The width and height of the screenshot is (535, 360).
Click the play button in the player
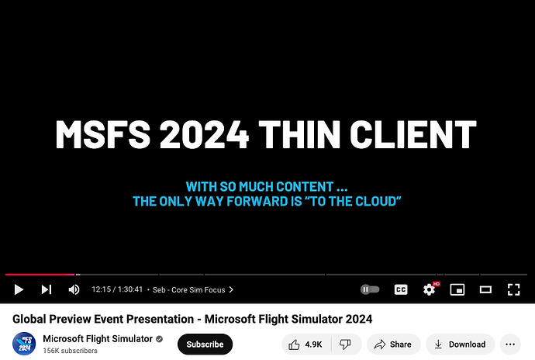pos(19,289)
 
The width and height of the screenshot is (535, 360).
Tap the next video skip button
pos(47,289)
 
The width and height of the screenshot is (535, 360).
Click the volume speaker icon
pos(74,289)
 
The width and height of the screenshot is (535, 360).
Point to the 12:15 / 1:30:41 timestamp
pos(116,289)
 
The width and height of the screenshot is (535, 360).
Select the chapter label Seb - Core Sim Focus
pos(193,289)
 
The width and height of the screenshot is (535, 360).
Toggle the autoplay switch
pos(370,289)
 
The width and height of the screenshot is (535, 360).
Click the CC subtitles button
pos(401,289)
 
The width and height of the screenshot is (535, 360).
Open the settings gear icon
pos(429,289)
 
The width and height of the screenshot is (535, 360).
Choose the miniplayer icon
pos(457,289)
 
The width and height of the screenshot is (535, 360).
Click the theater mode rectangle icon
pos(485,289)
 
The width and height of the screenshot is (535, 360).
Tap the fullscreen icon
pos(513,289)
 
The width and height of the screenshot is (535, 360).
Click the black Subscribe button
pos(205,344)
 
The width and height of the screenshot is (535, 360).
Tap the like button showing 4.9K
pos(306,344)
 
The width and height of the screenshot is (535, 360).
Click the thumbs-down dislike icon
pos(347,344)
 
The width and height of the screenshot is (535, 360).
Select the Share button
pos(393,344)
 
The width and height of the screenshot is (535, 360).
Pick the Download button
pos(460,344)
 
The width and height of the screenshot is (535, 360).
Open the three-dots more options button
pos(509,344)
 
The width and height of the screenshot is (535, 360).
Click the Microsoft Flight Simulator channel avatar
pos(23,344)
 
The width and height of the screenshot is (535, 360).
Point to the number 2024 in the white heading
pos(205,135)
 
